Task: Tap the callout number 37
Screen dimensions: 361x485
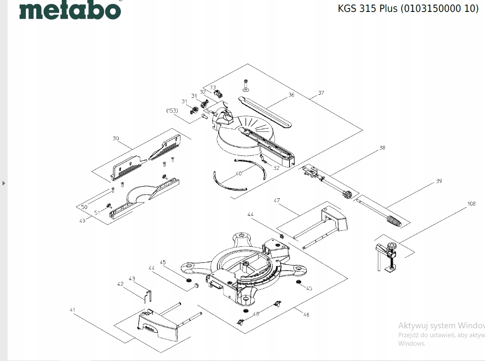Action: [x=321, y=93]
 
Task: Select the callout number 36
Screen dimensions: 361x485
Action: [x=291, y=95]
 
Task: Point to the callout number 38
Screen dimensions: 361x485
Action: [x=382, y=148]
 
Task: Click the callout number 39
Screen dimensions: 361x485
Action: [x=439, y=181]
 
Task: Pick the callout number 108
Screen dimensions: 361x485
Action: [x=471, y=203]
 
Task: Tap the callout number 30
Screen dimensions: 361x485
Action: [x=116, y=138]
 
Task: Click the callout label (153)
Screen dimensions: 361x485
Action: [x=172, y=110]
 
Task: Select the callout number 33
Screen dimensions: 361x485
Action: [x=213, y=87]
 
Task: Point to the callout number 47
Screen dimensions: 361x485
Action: [x=277, y=200]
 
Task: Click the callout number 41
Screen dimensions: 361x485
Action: [x=72, y=310]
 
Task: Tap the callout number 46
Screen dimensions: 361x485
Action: [x=306, y=315]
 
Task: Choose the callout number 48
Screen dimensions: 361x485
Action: [x=256, y=314]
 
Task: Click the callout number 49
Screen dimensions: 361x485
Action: [x=82, y=220]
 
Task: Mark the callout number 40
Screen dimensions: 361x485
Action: [x=238, y=173]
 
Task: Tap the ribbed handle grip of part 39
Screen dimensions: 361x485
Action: [x=393, y=221]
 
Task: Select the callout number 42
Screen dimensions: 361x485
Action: [x=120, y=284]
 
